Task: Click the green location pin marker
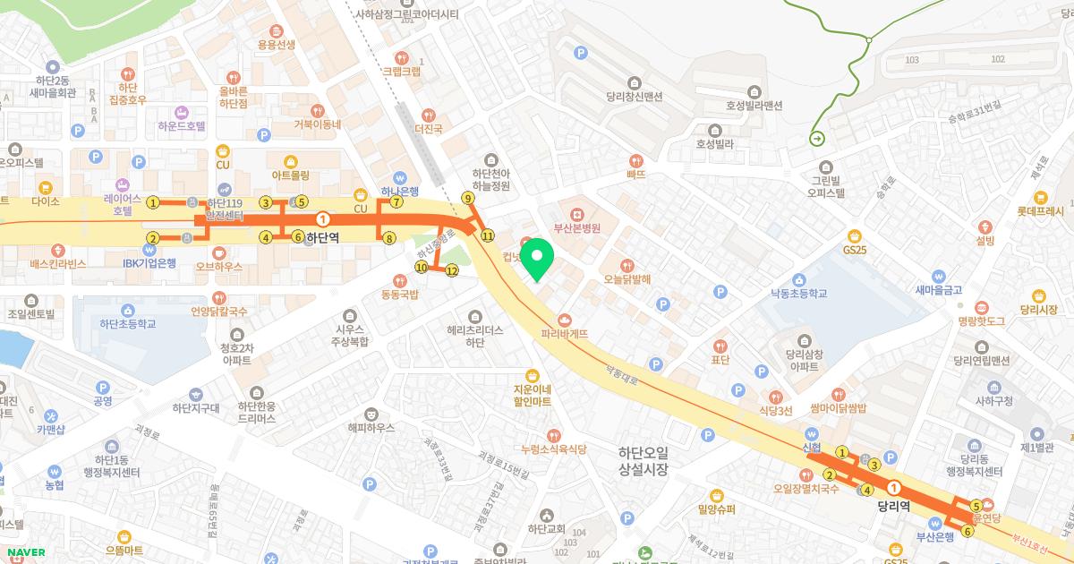[538, 260]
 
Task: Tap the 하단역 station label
[322, 239]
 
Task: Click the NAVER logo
[24, 552]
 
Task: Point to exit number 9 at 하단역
[467, 198]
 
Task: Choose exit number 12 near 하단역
[452, 270]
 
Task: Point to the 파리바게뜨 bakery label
[565, 333]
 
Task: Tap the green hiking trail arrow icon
[816, 138]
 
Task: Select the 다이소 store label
[45, 201]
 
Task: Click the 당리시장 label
[1038, 310]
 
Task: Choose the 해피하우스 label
[371, 427]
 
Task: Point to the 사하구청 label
[993, 401]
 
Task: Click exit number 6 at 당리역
[967, 532]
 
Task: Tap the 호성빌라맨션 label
[754, 105]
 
